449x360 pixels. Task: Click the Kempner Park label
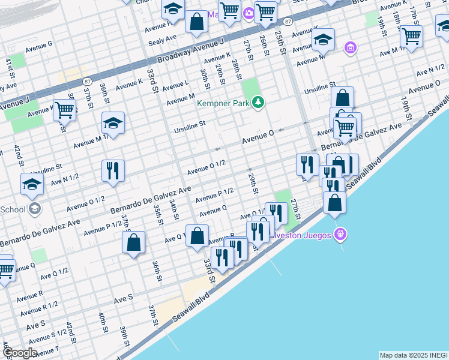click(x=224, y=103)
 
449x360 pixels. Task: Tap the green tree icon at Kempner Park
click(x=258, y=103)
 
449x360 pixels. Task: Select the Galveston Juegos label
click(x=300, y=235)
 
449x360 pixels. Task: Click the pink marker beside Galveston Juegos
click(x=340, y=233)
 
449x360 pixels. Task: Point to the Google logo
click(x=19, y=353)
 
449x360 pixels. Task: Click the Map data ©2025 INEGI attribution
click(x=414, y=355)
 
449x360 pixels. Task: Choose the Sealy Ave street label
click(x=162, y=38)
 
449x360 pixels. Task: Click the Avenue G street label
click(x=39, y=44)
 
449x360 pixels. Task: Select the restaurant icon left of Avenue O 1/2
click(x=113, y=170)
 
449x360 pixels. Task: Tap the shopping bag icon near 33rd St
click(x=197, y=236)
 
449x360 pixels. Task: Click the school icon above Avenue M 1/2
click(x=113, y=124)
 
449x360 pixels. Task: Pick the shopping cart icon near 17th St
click(x=411, y=36)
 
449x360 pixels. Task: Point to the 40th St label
click(x=103, y=322)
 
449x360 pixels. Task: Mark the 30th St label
click(x=205, y=76)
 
